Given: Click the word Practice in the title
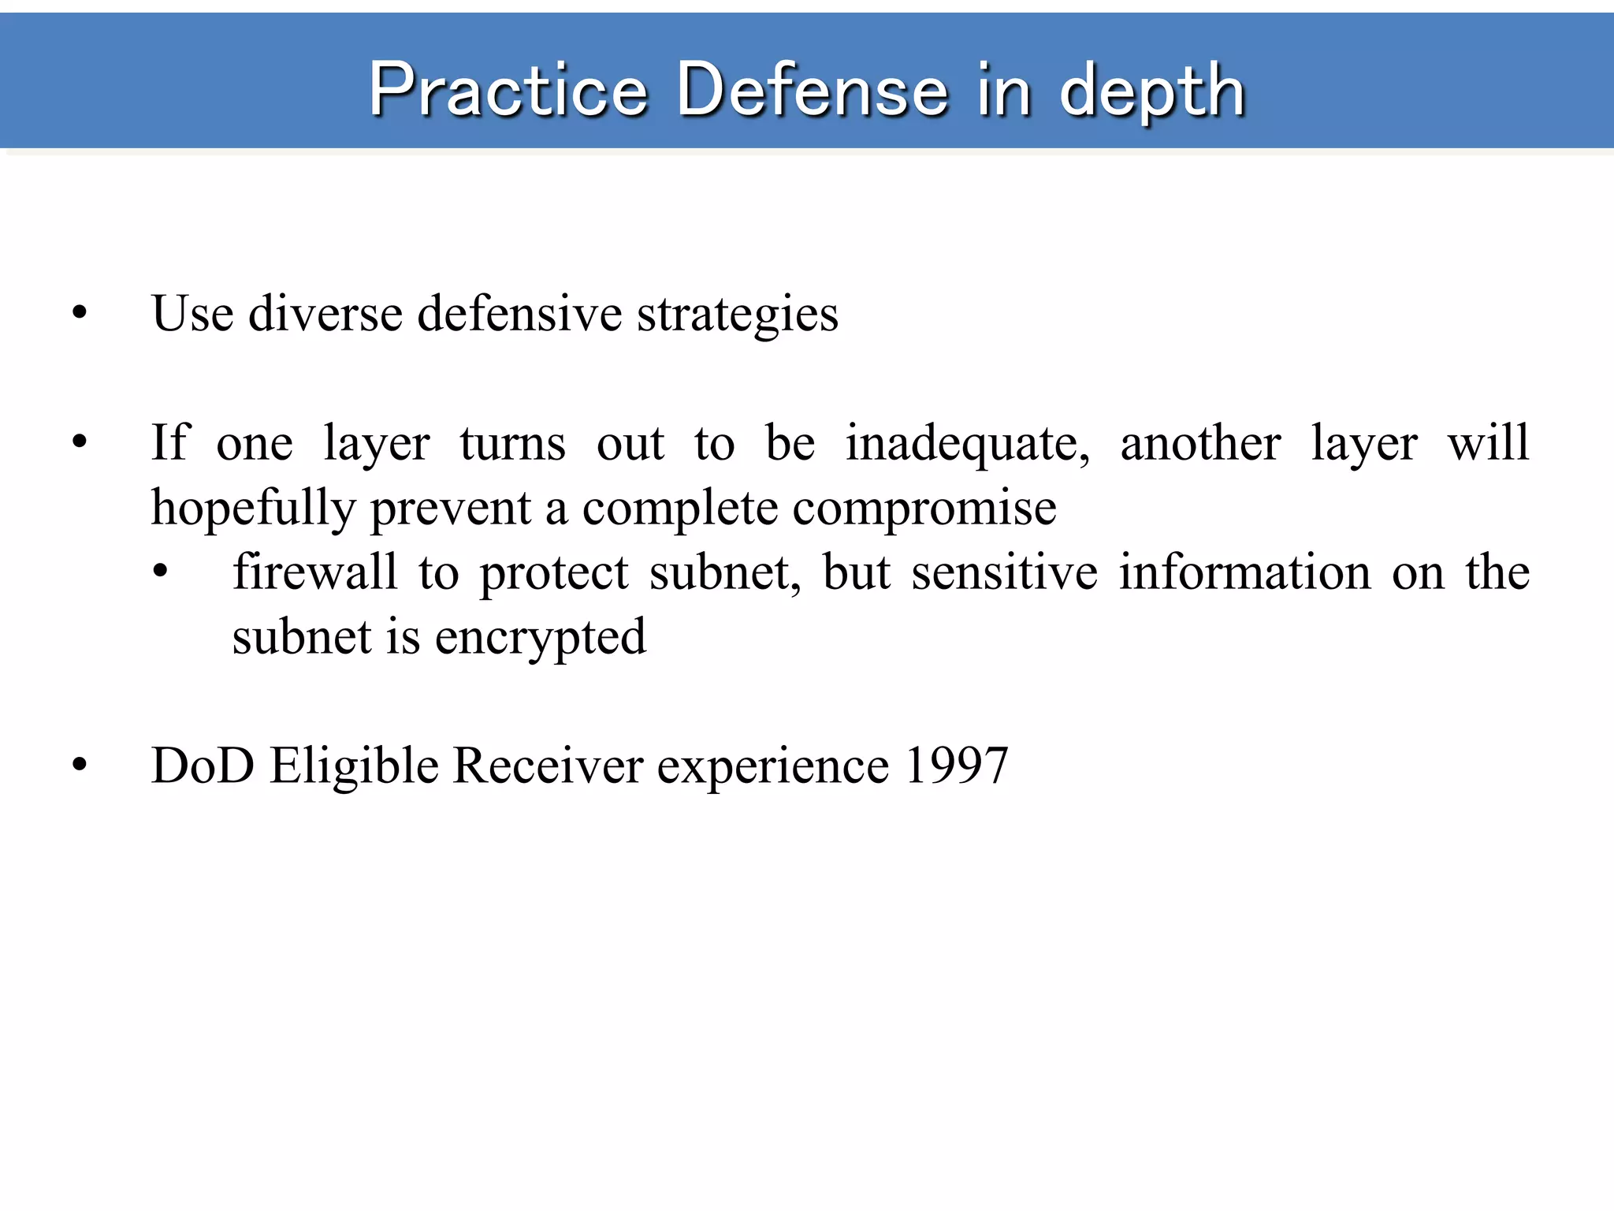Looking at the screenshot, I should [x=508, y=90].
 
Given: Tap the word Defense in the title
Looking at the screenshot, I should [x=812, y=90].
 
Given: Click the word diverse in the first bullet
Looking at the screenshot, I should [x=325, y=314].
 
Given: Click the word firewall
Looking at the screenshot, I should [x=314, y=572].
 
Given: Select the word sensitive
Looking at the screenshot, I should [x=1004, y=572].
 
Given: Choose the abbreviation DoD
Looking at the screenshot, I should [x=203, y=766].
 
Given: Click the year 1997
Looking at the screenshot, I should [x=956, y=766].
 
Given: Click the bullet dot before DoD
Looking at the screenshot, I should [x=80, y=766].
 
